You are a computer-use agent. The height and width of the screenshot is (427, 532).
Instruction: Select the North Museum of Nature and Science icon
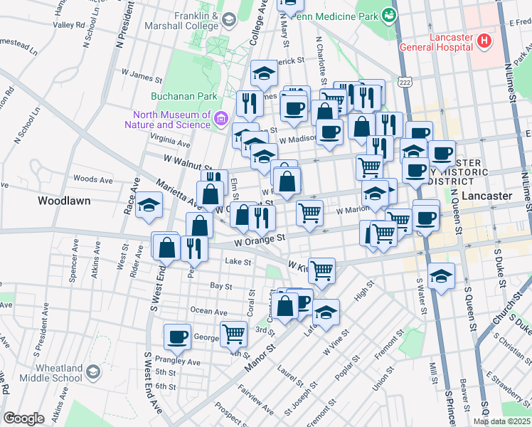(x=220, y=119)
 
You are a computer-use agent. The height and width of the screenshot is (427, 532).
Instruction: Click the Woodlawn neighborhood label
(x=64, y=201)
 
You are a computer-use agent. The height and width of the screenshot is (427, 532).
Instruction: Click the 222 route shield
(x=405, y=83)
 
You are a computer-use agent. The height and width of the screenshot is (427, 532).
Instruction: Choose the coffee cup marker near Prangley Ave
(x=177, y=336)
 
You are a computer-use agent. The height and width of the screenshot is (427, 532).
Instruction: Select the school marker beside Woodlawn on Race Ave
(x=149, y=205)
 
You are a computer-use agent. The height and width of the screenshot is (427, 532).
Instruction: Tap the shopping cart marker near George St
(x=233, y=332)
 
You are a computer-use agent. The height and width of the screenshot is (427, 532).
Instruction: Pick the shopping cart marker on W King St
(x=322, y=270)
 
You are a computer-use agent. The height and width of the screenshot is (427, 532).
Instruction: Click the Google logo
(x=23, y=418)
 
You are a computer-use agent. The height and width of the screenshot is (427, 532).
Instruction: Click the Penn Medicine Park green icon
(x=388, y=14)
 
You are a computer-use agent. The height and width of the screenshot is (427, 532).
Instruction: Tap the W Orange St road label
(x=262, y=241)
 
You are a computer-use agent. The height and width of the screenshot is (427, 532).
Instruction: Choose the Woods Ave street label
(x=92, y=179)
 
